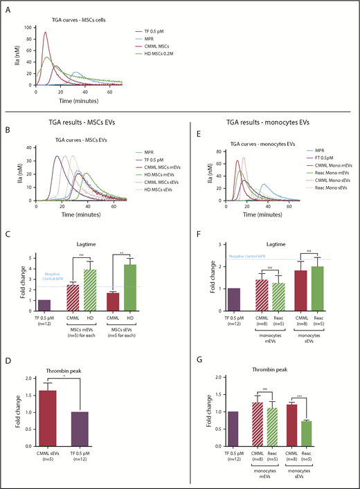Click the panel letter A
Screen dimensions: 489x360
[x=7, y=6]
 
